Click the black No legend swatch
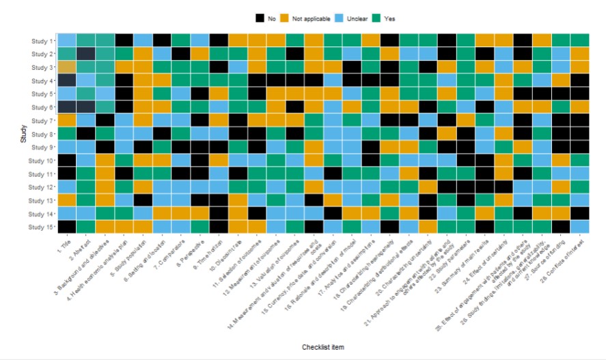pyautogui.click(x=260, y=18)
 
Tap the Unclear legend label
pyautogui.click(x=353, y=18)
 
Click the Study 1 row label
pyautogui.click(x=42, y=41)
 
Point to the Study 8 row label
pyautogui.click(x=42, y=134)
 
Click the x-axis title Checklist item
pyautogui.click(x=322, y=347)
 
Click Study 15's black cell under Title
pyautogui.click(x=67, y=226)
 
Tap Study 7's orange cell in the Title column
pyautogui.click(x=67, y=120)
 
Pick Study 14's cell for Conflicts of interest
pyautogui.click(x=579, y=212)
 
